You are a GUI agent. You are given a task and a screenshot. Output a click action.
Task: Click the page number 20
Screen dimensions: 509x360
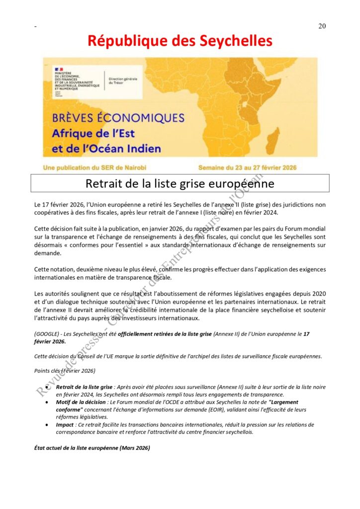point(322,26)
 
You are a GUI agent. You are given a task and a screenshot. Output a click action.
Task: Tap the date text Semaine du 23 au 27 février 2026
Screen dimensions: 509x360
point(247,168)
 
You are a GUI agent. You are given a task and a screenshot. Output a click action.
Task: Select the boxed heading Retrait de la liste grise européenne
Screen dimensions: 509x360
point(180,183)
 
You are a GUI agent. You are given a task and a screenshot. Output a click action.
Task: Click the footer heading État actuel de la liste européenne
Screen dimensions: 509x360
point(92,448)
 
